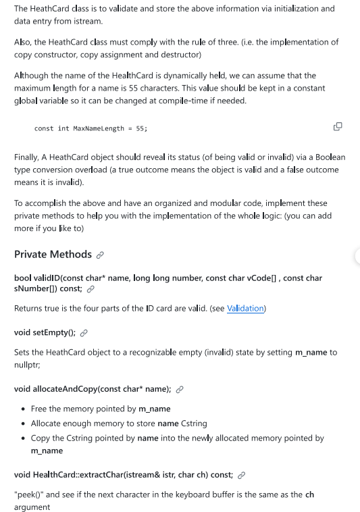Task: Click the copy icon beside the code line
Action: (338, 126)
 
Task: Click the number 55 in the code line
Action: (140, 128)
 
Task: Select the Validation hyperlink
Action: (245, 309)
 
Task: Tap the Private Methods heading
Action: (53, 254)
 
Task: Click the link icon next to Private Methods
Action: (100, 255)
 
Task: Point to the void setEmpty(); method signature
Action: (45, 332)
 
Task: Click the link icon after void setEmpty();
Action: (83, 333)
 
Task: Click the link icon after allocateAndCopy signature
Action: (179, 389)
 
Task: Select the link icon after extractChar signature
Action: (240, 474)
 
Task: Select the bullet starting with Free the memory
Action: (101, 409)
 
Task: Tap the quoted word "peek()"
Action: (29, 494)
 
